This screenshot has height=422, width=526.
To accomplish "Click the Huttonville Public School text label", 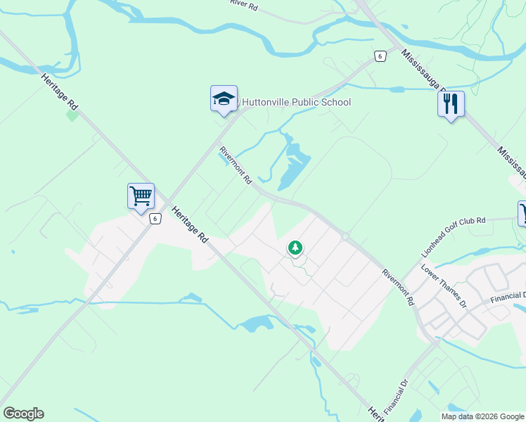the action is [x=295, y=103].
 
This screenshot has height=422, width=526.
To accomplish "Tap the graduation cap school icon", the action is [x=224, y=99].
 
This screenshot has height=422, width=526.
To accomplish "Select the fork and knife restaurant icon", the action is [x=450, y=104].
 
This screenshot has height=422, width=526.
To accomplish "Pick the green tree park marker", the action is [x=295, y=248].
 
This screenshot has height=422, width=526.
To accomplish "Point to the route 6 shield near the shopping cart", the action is [x=155, y=218].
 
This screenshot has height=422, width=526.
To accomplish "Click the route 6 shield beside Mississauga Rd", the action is [x=380, y=56].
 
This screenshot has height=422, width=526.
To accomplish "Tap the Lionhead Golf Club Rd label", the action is [x=454, y=230].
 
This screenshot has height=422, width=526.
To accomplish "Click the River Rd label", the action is [x=244, y=4].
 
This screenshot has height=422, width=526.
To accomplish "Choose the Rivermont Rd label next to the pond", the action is [x=235, y=165].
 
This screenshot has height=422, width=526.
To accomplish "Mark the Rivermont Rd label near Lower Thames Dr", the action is [x=398, y=286].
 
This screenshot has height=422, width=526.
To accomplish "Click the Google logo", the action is [x=23, y=414].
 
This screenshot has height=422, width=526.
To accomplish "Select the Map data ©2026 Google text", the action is [x=483, y=416].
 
